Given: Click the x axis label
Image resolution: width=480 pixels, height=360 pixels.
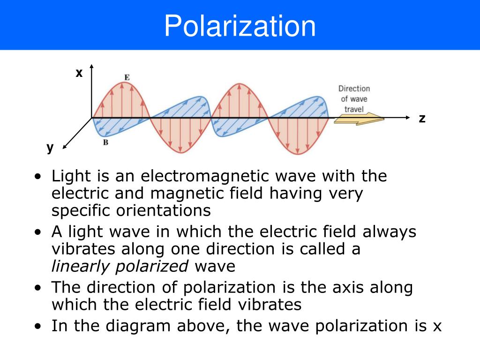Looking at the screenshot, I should [79, 73].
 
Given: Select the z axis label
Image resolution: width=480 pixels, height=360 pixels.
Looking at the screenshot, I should [422, 119].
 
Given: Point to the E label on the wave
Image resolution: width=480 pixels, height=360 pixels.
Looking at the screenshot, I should [127, 77].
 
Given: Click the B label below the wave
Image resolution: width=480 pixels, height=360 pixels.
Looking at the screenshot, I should [105, 142].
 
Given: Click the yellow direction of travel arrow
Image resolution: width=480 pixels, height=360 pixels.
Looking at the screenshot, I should [359, 119].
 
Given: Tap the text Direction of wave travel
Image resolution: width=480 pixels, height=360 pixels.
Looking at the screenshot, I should [354, 99].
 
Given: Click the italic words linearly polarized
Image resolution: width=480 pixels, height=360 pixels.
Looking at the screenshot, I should [120, 266].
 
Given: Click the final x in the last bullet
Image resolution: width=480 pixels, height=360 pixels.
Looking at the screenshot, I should [437, 326].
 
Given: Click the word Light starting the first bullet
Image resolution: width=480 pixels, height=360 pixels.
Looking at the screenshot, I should [68, 177].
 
